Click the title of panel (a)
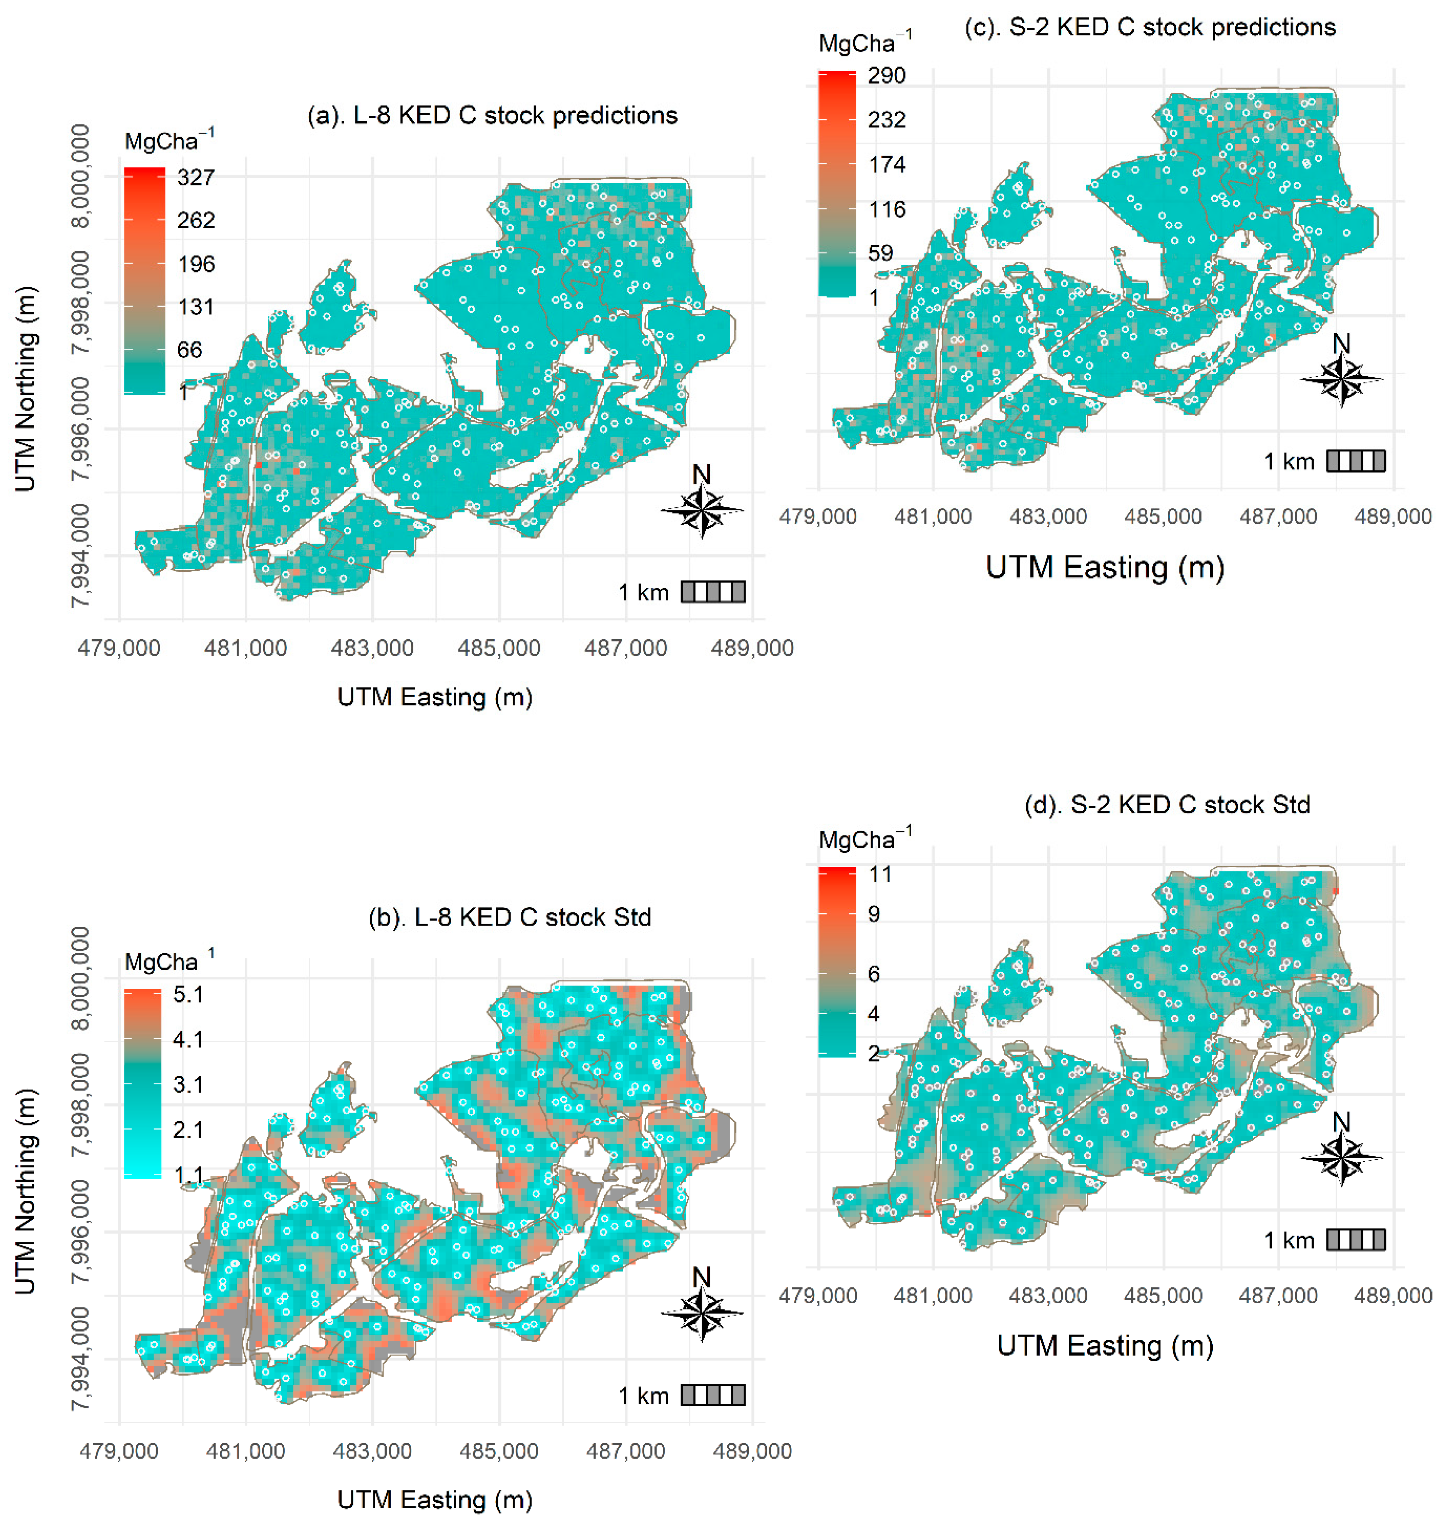coord(492,115)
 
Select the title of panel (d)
coord(1167,804)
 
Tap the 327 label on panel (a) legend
coord(196,178)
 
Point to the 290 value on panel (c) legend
coord(886,75)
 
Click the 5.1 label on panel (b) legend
coord(188,994)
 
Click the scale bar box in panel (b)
coord(713,1395)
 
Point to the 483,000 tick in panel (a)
coord(372,649)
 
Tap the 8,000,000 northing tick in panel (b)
coord(80,978)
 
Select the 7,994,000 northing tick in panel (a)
coord(80,555)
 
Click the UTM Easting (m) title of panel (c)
coord(1105,568)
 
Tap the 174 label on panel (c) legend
coord(886,165)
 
